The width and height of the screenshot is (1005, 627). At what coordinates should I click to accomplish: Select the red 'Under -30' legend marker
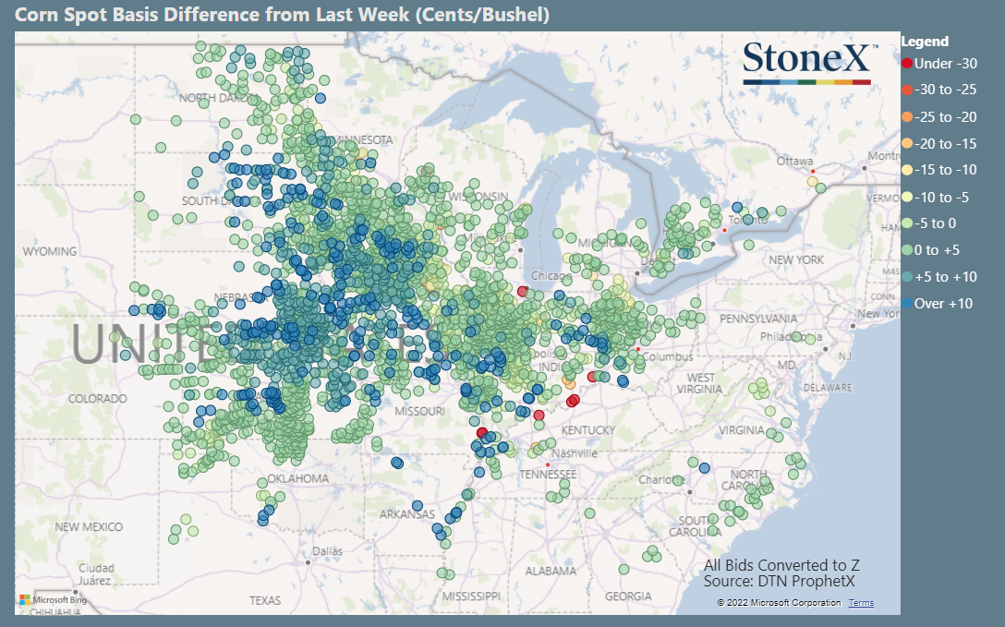[x=907, y=64]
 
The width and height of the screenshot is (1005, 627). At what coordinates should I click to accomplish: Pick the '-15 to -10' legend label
[x=946, y=170]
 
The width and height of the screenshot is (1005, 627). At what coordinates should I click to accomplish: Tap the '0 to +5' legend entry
[x=938, y=250]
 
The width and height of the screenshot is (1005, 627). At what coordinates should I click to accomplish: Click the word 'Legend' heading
[x=925, y=42]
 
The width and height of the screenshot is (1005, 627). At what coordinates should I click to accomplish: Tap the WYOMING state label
[x=50, y=251]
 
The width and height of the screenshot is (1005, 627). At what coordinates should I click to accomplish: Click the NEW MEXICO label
[x=89, y=526]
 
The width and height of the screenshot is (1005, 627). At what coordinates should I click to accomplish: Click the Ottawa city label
[x=794, y=161]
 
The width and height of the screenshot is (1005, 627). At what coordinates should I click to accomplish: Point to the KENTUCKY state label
[x=588, y=430]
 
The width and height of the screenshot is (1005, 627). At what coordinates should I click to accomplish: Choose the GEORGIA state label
[x=629, y=596]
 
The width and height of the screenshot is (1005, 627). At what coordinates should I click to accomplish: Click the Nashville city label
[x=575, y=453]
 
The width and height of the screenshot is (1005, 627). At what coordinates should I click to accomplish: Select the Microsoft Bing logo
[x=53, y=599]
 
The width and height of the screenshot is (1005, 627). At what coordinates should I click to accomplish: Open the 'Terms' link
[x=861, y=603]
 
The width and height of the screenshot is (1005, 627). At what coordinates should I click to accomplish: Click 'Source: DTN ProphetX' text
[x=779, y=582]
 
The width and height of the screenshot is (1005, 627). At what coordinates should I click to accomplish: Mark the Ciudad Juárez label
[x=95, y=573]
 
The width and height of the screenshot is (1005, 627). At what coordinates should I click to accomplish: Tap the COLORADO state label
[x=97, y=398]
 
